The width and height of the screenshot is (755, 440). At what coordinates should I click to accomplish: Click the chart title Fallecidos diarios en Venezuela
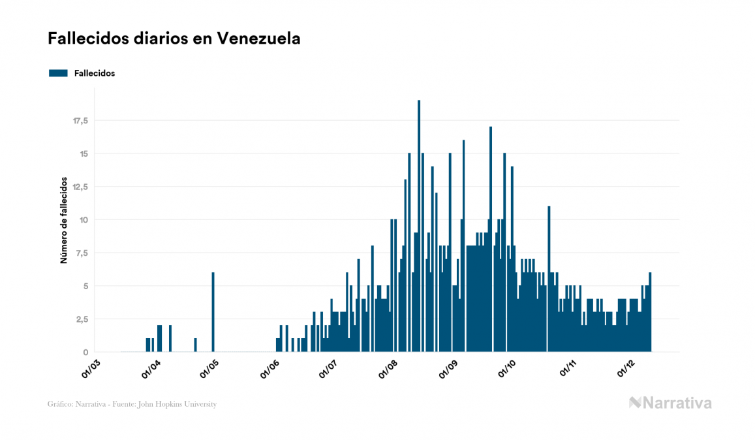(174, 39)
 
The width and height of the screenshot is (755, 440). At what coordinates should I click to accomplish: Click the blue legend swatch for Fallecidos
(58, 73)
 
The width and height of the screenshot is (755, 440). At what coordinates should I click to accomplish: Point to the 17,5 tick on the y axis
(80, 121)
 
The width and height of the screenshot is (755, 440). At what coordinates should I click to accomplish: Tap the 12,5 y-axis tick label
(80, 187)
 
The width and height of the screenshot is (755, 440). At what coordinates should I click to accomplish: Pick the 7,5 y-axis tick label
(81, 253)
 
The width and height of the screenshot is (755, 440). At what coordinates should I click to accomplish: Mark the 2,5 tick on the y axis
(81, 319)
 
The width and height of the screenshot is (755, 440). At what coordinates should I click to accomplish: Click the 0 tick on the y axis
(85, 353)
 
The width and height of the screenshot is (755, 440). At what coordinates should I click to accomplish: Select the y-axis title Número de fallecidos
(64, 219)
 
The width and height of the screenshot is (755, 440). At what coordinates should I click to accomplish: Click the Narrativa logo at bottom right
(670, 403)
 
